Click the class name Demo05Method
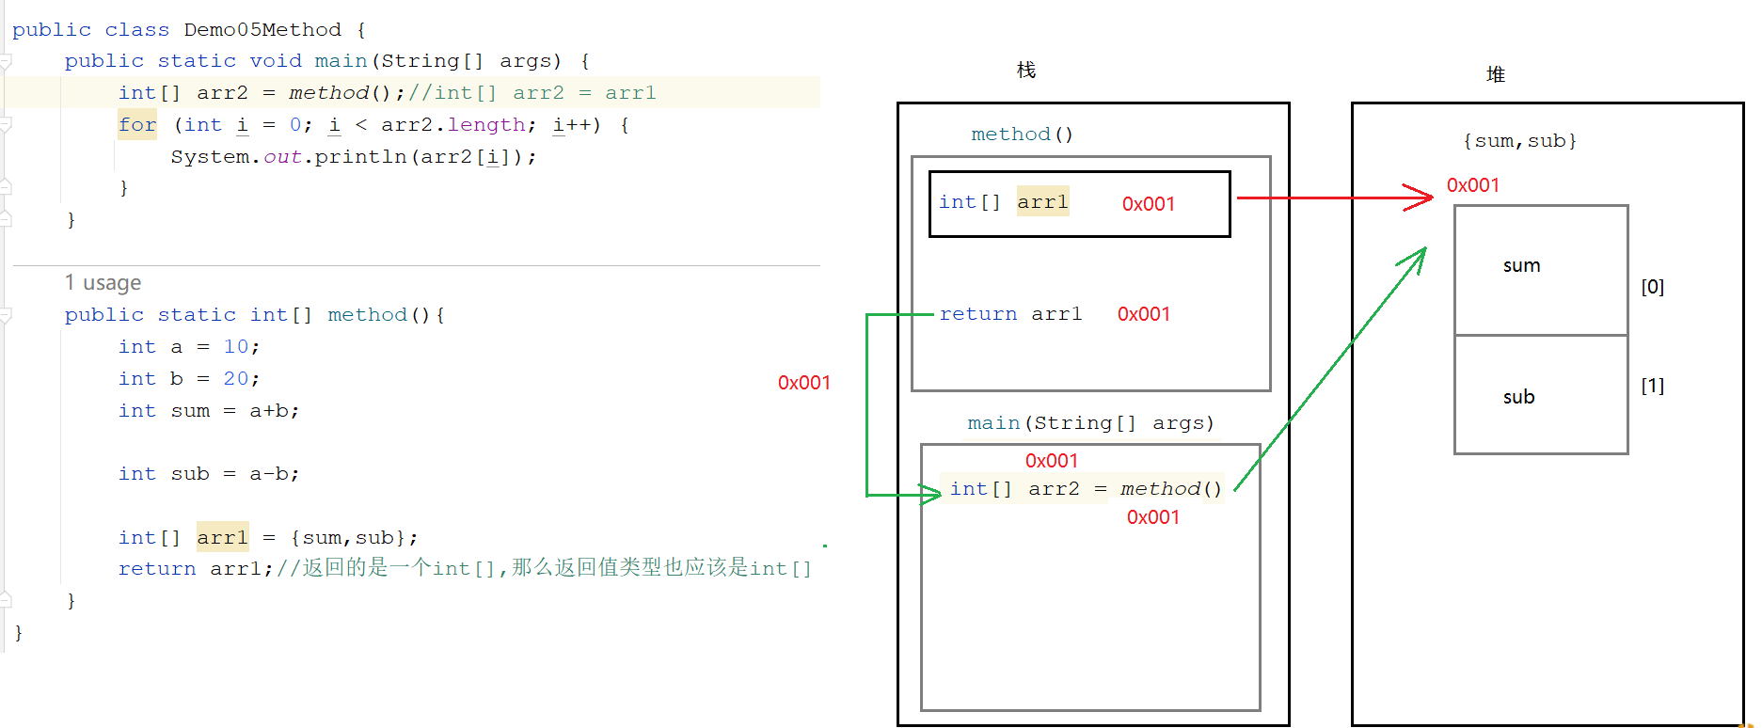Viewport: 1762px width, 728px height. pos(262,30)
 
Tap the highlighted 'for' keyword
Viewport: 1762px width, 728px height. pos(137,125)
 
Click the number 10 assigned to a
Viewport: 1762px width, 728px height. pos(235,347)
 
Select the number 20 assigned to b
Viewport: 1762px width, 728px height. pos(235,379)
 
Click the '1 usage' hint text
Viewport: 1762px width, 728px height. pos(103,283)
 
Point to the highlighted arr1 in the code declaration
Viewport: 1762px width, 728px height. pos(222,537)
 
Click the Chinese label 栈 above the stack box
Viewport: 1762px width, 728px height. pos(1026,71)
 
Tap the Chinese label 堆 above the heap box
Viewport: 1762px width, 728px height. pos(1496,74)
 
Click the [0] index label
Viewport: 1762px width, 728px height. pos(1653,287)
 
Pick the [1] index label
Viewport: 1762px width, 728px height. pos(1653,386)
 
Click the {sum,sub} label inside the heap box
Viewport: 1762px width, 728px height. pos(1519,141)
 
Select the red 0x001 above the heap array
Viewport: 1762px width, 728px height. pos(1473,185)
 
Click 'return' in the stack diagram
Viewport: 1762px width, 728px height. pos(978,314)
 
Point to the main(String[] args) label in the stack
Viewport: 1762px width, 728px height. pos(1090,423)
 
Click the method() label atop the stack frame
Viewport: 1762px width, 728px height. pos(1022,135)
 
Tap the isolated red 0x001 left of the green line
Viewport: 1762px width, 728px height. pos(804,383)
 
